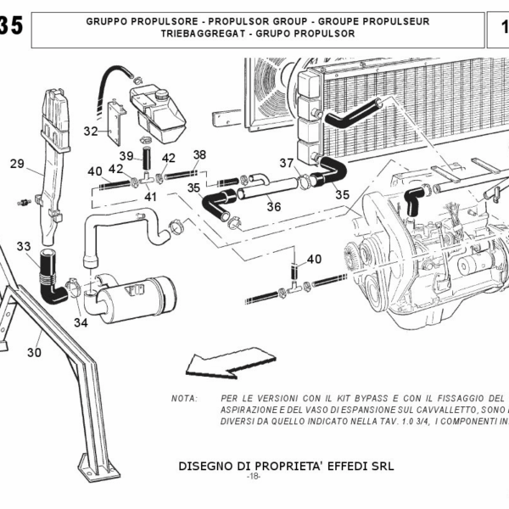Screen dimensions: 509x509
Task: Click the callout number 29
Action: tap(17, 165)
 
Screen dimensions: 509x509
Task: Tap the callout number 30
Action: tap(34, 352)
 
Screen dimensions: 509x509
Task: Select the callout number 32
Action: tap(91, 131)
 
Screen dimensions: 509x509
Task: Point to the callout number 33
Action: tap(24, 247)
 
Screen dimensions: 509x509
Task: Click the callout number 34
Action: tap(81, 322)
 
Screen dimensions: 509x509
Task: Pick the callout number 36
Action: tap(274, 205)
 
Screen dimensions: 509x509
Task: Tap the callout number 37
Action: tap(287, 164)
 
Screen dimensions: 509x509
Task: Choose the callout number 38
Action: tap(199, 154)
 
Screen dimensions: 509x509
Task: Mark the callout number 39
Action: tap(126, 155)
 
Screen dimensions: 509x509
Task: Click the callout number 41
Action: tap(151, 197)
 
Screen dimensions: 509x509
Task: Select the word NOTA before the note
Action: tap(184, 398)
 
